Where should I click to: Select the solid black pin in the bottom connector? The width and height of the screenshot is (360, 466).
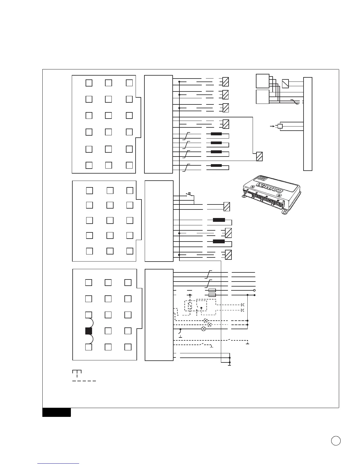pos(89,331)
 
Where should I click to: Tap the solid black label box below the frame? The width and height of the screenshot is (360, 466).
pos(56,412)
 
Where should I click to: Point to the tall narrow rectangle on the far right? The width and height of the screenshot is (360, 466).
pos(308,124)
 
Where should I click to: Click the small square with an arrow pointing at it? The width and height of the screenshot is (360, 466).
pos(280,126)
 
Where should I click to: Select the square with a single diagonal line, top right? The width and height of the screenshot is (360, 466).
pos(285,84)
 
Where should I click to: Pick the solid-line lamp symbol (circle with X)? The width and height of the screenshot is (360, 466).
pos(203,329)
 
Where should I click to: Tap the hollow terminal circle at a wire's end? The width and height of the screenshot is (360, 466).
pos(254,290)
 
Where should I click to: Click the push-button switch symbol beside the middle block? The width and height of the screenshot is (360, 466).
pos(190,194)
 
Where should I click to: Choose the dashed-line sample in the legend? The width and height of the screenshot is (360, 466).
pos(84,381)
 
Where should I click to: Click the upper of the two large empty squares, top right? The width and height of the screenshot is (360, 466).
pos(263,81)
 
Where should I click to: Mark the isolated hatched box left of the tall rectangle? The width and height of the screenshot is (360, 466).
pos(259,157)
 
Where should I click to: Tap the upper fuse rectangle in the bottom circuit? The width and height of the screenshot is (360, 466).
pos(212,290)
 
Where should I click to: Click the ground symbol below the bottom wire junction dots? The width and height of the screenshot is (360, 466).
pos(229,365)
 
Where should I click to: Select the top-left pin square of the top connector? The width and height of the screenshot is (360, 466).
pos(89,83)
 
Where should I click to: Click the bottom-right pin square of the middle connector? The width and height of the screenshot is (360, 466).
pos(130,251)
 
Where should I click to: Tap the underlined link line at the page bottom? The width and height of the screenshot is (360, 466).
pos(59,464)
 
